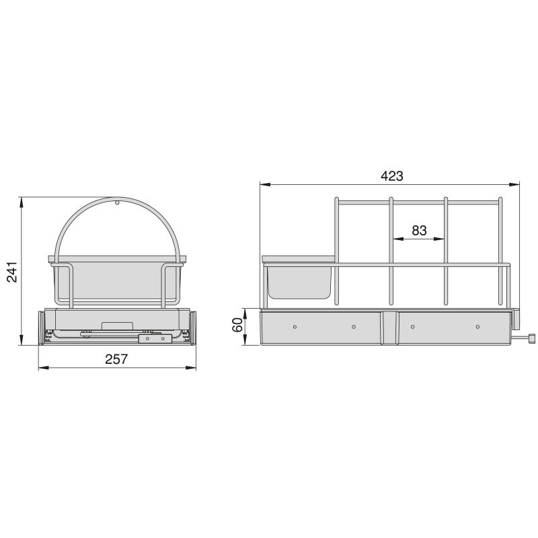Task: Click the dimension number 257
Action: tap(116, 359)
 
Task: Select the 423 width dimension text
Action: tap(391, 176)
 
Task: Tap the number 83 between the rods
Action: tap(419, 231)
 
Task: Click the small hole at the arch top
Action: tap(117, 201)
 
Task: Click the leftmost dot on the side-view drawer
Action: tap(295, 326)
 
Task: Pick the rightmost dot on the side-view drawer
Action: tap(477, 326)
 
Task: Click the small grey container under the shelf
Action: tap(299, 282)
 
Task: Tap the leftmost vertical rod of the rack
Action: tap(337, 252)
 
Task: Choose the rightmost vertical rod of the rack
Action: tap(500, 252)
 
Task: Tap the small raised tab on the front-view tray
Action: tap(117, 325)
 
